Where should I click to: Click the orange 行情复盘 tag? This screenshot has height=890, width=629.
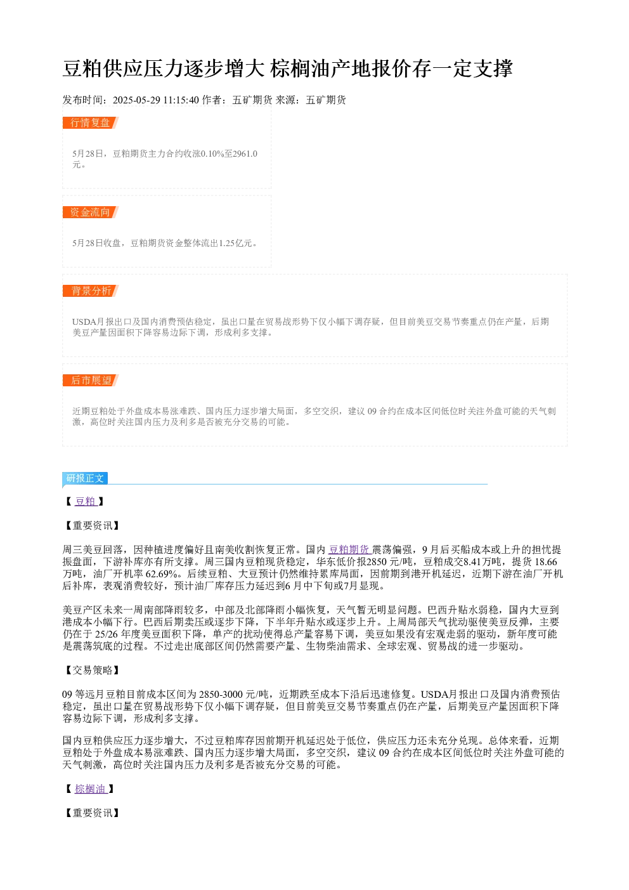tap(90, 123)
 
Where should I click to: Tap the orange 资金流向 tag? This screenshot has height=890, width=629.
tap(90, 212)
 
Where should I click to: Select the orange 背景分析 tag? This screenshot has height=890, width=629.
tap(90, 291)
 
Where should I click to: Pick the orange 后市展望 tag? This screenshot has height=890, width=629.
tap(90, 380)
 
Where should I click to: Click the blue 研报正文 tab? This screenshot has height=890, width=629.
tap(85, 478)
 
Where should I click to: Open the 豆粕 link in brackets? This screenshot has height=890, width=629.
tap(86, 501)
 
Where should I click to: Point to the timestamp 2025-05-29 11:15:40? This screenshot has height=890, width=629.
tap(155, 100)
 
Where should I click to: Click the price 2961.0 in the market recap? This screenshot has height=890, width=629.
tap(245, 154)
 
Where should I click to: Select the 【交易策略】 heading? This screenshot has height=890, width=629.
tap(92, 671)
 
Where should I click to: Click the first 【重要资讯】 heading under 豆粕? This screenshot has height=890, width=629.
tap(92, 526)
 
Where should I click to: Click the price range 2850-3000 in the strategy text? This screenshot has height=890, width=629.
tap(221, 694)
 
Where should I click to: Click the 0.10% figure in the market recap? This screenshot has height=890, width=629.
tap(212, 154)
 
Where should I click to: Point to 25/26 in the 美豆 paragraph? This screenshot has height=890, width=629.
tap(107, 634)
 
